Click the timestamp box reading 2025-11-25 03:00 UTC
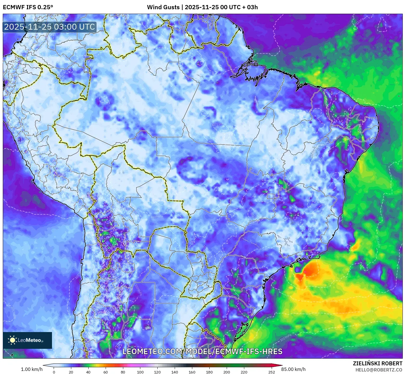click(x=49, y=27)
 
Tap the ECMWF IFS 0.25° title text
click(x=28, y=7)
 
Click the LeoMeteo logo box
click(x=27, y=340)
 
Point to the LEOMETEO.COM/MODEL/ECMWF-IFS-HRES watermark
click(x=202, y=351)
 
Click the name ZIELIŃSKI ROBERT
click(x=377, y=363)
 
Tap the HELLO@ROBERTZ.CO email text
click(x=379, y=370)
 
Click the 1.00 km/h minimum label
click(x=32, y=369)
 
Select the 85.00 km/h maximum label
click(x=293, y=369)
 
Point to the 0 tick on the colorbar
click(x=54, y=372)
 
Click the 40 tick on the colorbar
click(x=88, y=372)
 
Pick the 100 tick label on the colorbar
click(x=140, y=372)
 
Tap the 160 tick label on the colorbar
click(x=192, y=372)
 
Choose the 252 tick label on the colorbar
click(x=271, y=372)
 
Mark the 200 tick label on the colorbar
click(x=227, y=372)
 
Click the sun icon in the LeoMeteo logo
click(x=13, y=340)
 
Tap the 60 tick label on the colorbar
click(x=106, y=372)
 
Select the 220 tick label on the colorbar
click(x=244, y=372)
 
